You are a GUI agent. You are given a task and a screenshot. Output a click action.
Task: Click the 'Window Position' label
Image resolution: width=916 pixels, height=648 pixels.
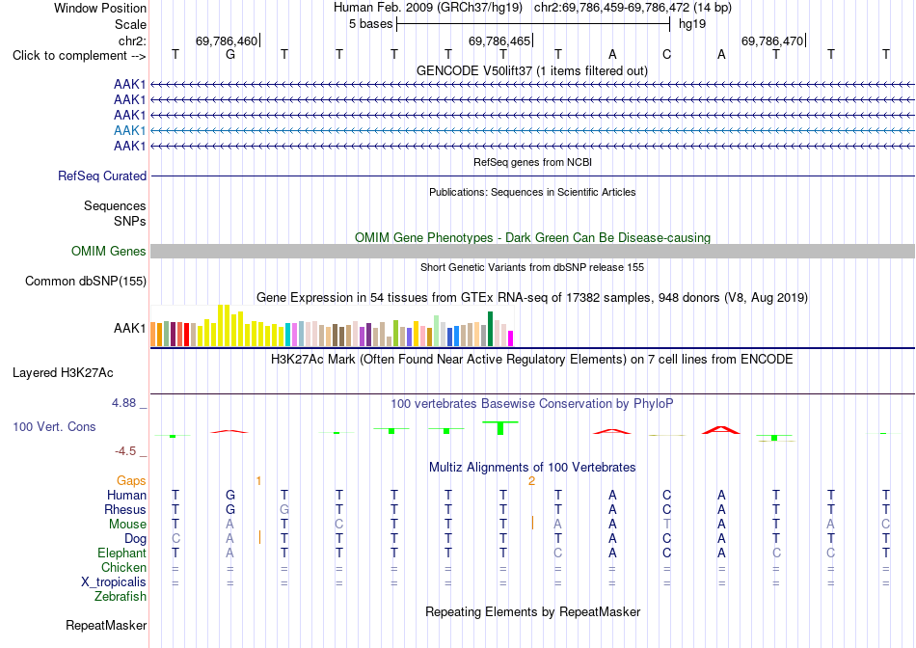pos(100,8)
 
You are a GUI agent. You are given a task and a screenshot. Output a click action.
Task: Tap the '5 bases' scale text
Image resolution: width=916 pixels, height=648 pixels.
pos(370,24)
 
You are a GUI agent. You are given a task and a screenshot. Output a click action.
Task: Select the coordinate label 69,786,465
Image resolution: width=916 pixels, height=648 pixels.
pos(499,40)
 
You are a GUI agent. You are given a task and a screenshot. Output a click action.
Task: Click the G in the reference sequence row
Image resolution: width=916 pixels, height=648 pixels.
pos(230,54)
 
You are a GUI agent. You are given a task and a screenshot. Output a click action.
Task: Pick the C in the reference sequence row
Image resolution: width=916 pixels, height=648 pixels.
pos(666,54)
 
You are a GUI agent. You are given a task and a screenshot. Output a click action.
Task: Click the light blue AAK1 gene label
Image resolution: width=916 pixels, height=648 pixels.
pos(130,130)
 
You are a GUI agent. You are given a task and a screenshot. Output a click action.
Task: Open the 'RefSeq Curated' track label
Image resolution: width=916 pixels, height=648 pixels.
pos(102,175)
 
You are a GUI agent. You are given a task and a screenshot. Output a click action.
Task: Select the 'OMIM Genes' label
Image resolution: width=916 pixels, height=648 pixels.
pos(109,252)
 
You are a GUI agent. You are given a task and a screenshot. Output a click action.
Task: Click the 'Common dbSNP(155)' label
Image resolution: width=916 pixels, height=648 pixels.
pos(86,281)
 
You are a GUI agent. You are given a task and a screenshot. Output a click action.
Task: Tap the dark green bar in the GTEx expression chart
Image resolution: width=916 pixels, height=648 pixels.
pos(490,329)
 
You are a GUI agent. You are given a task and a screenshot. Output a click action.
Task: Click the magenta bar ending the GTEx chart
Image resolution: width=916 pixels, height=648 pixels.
pos(510,338)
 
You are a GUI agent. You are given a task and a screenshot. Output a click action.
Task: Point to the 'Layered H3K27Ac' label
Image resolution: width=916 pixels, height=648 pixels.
pos(63,373)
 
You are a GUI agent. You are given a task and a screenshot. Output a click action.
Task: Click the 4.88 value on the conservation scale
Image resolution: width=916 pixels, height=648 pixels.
pos(123,403)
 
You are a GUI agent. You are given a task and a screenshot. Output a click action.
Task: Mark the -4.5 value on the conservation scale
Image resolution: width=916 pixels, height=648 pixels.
pos(125,451)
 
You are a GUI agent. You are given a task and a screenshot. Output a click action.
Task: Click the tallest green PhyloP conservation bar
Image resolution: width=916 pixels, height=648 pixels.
pos(500,428)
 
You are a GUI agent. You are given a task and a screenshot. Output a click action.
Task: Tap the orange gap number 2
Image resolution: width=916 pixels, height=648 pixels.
pos(531,481)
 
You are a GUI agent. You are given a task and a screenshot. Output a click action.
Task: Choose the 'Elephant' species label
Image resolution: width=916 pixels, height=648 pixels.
pos(122,553)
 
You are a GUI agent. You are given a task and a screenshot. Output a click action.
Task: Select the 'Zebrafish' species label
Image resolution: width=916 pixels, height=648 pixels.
pos(121,597)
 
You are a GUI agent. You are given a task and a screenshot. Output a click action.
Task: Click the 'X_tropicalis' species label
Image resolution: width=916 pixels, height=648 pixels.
pos(114,582)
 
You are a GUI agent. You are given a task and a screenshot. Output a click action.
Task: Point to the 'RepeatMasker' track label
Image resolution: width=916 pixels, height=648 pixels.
pos(106,625)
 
